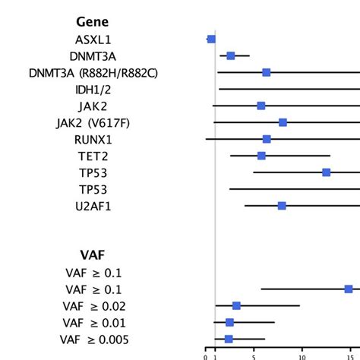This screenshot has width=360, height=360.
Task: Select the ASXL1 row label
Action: (x=93, y=39)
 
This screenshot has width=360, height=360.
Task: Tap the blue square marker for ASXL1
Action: (x=211, y=39)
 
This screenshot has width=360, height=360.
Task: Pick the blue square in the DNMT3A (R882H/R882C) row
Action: (x=266, y=72)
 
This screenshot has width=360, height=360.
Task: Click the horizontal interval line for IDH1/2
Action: (x=289, y=89)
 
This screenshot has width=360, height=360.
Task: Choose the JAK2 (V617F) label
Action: (x=93, y=122)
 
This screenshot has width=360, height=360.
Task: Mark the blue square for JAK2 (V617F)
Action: (x=283, y=122)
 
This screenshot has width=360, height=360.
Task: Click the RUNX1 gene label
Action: (x=93, y=139)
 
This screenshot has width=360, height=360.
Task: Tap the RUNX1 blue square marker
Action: (x=267, y=139)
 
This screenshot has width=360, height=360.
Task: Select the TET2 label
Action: (x=93, y=156)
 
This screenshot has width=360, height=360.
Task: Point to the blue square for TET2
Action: (x=261, y=156)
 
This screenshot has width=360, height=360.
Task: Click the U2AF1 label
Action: (x=93, y=206)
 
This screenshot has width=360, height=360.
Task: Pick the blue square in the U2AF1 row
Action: (x=282, y=206)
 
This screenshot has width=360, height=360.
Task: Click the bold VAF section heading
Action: (x=93, y=255)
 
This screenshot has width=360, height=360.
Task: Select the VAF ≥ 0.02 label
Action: (x=93, y=306)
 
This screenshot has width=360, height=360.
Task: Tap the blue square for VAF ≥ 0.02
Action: (x=236, y=305)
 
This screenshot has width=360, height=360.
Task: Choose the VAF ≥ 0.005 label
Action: (x=93, y=339)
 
